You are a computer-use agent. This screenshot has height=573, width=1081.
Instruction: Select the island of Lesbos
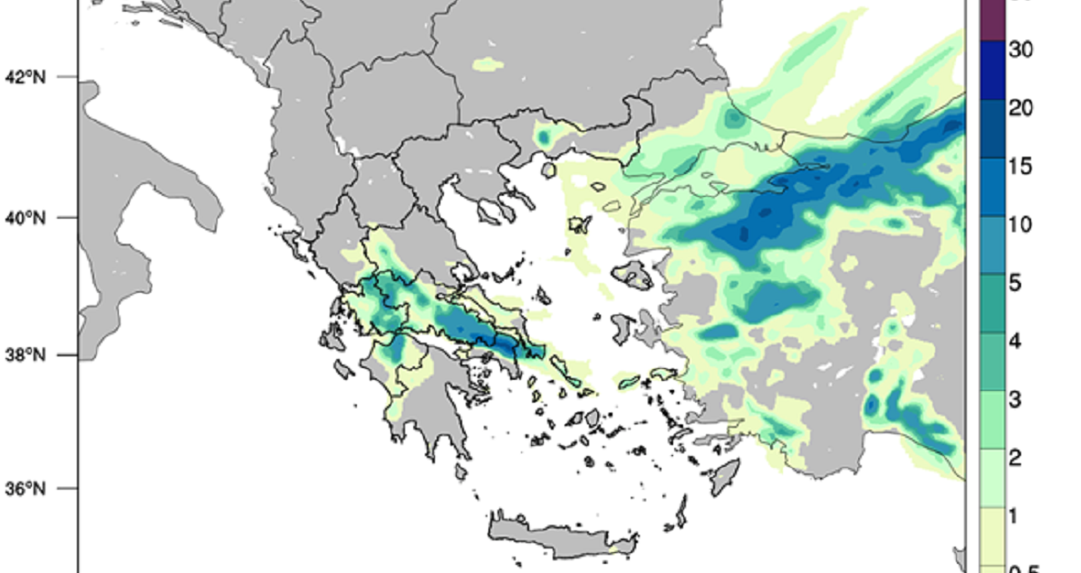pos(633,274)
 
